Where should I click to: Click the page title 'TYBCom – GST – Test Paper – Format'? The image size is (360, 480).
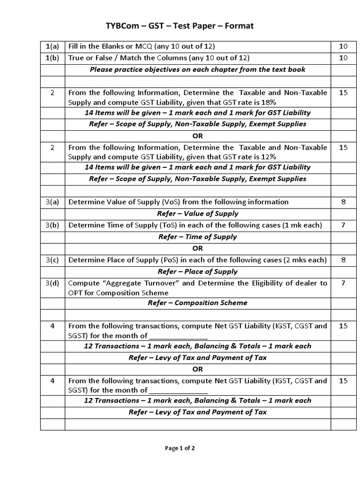(x=180, y=26)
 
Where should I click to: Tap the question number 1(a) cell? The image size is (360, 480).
(x=52, y=46)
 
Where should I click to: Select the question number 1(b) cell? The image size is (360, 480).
(x=52, y=58)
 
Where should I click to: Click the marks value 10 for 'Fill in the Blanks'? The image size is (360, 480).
(x=343, y=46)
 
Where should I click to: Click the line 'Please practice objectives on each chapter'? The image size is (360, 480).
(x=197, y=69)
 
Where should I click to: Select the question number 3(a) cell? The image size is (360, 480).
(x=52, y=202)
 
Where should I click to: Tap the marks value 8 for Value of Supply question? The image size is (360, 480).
(x=343, y=202)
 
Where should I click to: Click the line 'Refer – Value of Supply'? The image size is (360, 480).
(x=197, y=214)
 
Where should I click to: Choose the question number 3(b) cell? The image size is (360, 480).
(x=52, y=225)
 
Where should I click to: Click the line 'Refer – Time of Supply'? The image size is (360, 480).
(x=197, y=237)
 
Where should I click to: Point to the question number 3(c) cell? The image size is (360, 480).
(x=52, y=260)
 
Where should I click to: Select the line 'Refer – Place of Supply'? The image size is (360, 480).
(x=197, y=271)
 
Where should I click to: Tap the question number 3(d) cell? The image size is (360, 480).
(x=52, y=283)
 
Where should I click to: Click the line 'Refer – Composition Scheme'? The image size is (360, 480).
(x=197, y=303)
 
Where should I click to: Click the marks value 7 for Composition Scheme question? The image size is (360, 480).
(x=343, y=283)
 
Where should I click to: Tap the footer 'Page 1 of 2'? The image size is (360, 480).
(x=180, y=448)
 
